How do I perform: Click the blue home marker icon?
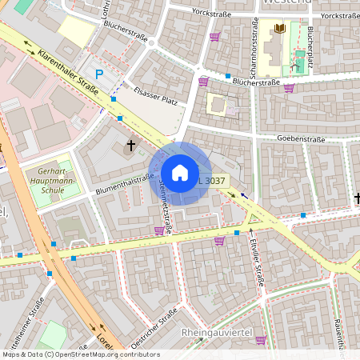click(x=180, y=172)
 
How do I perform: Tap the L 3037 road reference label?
click(x=211, y=181)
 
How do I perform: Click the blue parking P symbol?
click(x=99, y=74)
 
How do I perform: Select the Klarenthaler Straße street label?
click(x=68, y=72)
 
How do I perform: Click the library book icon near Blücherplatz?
click(x=279, y=29)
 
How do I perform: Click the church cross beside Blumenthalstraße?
click(x=132, y=146)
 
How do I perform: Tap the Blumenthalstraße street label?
click(x=124, y=183)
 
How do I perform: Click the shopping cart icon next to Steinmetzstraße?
click(x=159, y=230)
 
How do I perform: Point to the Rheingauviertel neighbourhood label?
click(x=217, y=331)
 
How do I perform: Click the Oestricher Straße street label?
click(x=153, y=330)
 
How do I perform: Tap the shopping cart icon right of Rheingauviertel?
click(x=260, y=340)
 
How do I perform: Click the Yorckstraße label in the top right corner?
click(x=338, y=15)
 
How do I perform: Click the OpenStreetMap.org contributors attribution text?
click(x=107, y=354)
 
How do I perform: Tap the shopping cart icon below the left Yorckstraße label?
click(x=214, y=36)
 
